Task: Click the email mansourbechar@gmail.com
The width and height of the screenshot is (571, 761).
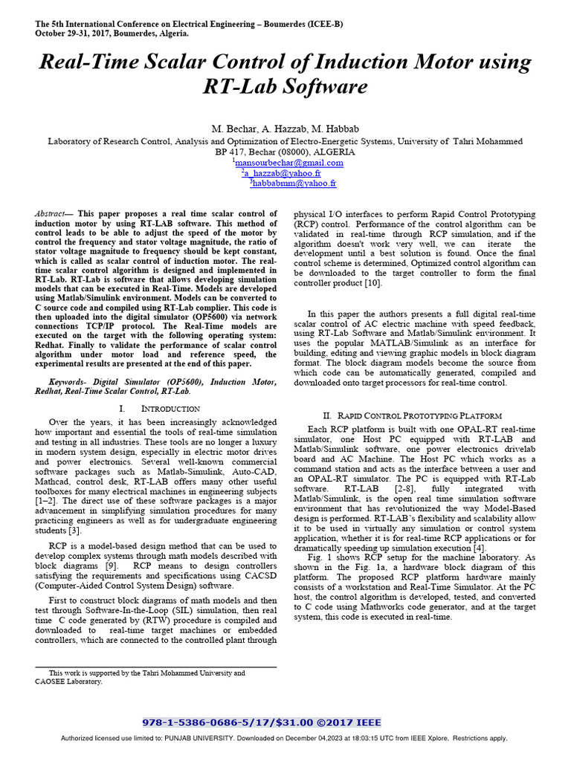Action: tap(289, 163)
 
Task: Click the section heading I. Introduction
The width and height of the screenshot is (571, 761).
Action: tap(159, 409)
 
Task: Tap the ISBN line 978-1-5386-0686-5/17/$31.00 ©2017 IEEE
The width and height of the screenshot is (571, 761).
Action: tap(261, 722)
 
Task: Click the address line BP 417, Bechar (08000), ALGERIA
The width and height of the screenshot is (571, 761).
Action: tap(285, 152)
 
